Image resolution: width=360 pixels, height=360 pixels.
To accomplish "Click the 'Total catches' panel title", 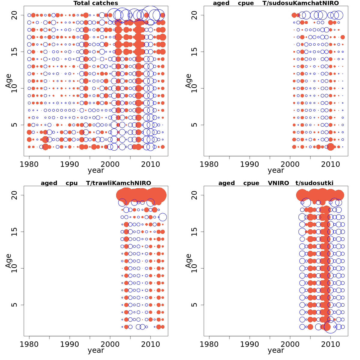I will click(x=96, y=3).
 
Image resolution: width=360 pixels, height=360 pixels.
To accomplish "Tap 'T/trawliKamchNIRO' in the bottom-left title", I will click(x=118, y=183).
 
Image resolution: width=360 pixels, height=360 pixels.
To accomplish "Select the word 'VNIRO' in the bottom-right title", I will click(x=278, y=183).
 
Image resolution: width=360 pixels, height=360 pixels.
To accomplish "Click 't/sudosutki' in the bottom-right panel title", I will click(x=314, y=183).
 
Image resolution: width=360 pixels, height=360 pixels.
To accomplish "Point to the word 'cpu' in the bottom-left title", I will click(x=72, y=183).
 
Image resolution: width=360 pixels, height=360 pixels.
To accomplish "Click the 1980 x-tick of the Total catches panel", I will click(x=29, y=164).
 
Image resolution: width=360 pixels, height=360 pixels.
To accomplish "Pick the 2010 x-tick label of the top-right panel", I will click(x=330, y=164).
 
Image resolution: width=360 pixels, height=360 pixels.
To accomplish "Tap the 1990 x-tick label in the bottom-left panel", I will click(x=70, y=344).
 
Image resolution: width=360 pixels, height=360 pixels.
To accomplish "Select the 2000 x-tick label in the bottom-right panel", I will click(x=290, y=344).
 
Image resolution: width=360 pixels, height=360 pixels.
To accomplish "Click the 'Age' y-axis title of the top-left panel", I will click(x=8, y=81).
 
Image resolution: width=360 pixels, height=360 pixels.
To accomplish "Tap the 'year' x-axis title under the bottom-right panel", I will click(x=276, y=350).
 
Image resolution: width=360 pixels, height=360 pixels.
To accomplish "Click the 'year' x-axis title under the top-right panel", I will click(x=276, y=170).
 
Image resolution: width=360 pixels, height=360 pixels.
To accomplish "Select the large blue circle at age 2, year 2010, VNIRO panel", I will click(x=331, y=327).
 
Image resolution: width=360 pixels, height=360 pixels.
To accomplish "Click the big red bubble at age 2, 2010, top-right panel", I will click(x=331, y=147).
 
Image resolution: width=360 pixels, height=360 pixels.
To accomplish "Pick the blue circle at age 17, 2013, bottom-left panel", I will click(x=163, y=217).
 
